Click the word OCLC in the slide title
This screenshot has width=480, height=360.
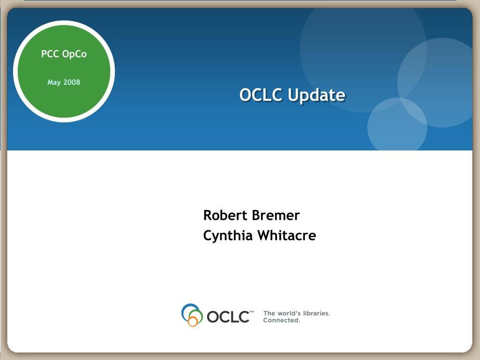tap(261, 95)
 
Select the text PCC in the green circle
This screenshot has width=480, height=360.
tap(50, 54)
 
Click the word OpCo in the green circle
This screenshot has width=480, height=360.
tap(75, 54)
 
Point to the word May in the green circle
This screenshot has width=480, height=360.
tap(54, 82)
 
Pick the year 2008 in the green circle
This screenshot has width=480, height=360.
tap(72, 82)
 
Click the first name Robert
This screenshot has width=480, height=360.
tap(225, 215)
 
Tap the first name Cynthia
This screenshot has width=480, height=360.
tap(228, 236)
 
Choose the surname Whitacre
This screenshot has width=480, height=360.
tap(287, 235)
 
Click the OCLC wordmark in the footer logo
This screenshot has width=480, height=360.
tap(228, 316)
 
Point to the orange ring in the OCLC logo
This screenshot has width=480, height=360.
tap(193, 322)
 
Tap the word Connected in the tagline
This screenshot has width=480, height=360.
tap(282, 320)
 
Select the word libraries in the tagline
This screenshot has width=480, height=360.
tap(316, 313)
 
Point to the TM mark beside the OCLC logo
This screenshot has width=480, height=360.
tap(252, 312)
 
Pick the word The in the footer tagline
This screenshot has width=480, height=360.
tap(269, 313)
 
